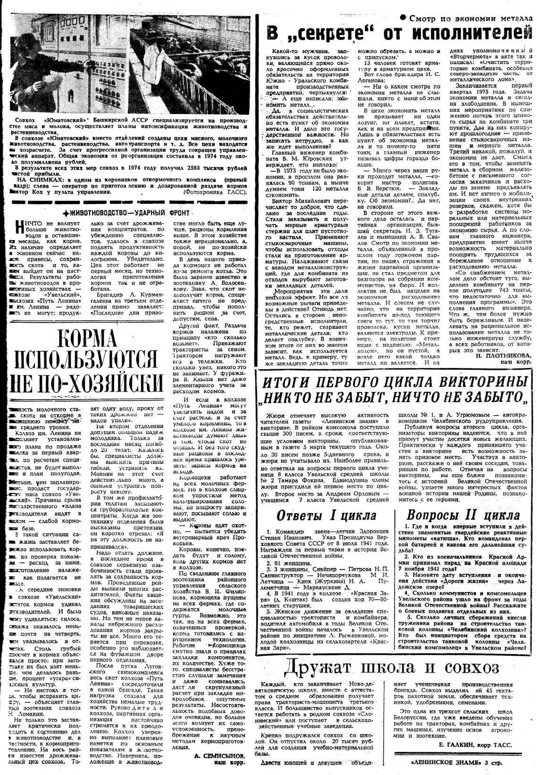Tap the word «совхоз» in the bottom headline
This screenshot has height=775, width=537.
(x=465, y=667)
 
